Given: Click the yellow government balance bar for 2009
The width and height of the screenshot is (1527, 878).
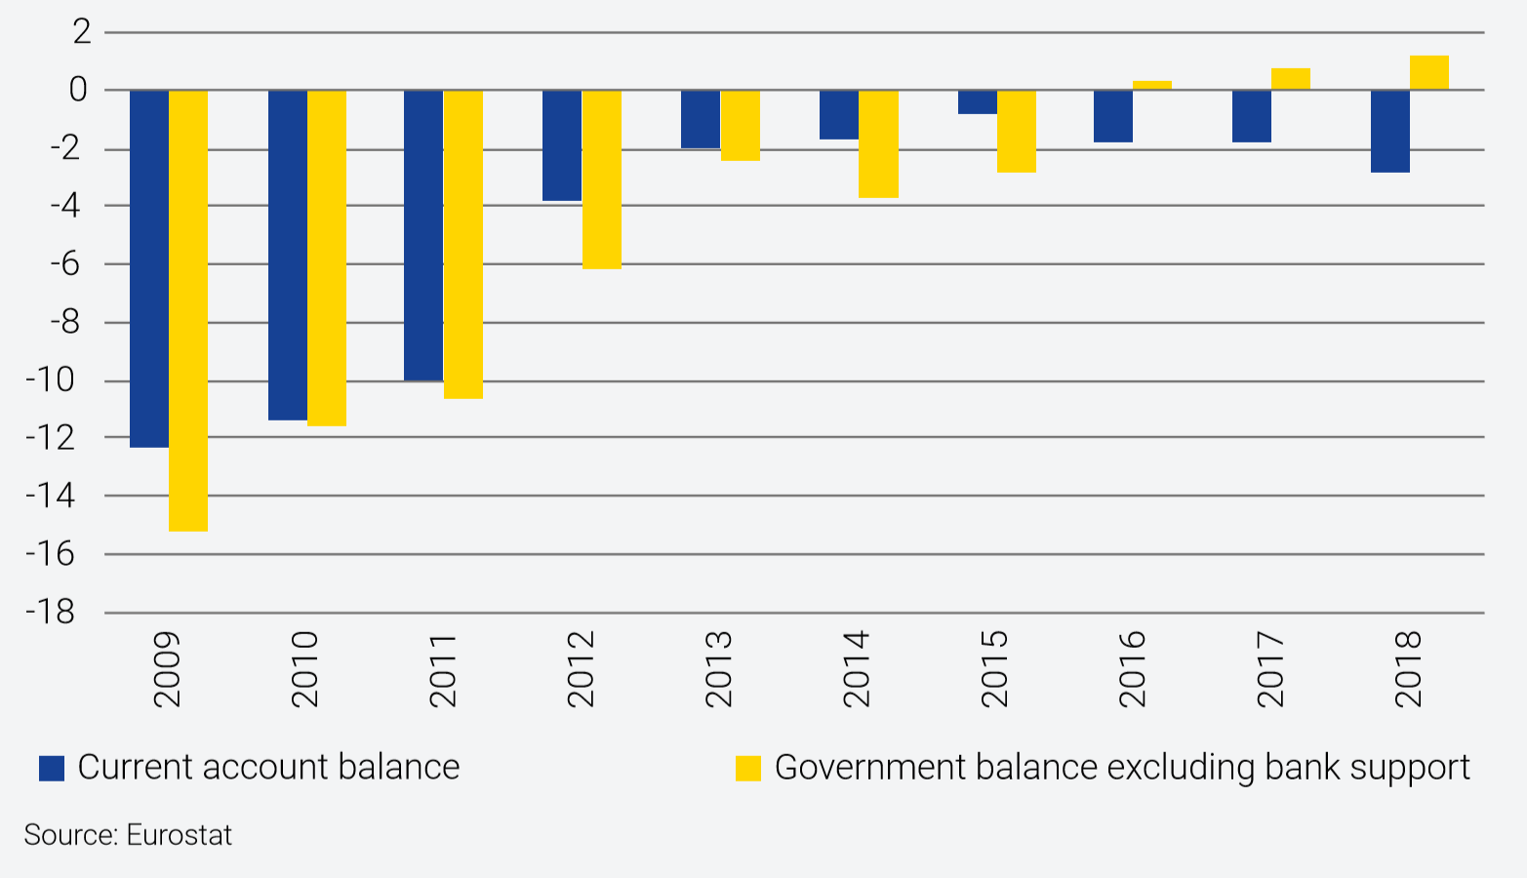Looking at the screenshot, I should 188,310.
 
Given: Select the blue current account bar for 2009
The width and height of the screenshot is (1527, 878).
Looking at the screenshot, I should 149,268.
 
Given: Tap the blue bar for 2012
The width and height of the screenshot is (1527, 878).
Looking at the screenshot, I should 562,145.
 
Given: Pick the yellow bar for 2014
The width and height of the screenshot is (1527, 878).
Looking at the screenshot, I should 878,144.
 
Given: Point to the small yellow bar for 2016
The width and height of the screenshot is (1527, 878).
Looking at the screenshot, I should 1152,85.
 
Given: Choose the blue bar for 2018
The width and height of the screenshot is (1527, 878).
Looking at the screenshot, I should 1389,131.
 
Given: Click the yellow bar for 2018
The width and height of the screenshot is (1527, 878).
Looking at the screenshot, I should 1429,73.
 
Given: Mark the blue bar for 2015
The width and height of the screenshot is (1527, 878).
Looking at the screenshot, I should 977,102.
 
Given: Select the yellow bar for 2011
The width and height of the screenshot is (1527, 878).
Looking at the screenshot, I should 463,244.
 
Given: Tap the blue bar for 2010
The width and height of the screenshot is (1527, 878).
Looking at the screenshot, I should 288,255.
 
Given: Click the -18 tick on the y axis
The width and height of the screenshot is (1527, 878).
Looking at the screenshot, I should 51,613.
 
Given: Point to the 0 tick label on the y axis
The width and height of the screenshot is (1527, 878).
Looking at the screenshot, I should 78,91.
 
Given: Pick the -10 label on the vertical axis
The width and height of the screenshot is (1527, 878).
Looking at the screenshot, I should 51,380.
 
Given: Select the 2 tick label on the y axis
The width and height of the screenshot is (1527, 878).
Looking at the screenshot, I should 81,32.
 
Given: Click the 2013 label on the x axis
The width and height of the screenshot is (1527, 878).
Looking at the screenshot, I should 719,668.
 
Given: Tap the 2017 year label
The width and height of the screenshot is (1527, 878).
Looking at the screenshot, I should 1270,668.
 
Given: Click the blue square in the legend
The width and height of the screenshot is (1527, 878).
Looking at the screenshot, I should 52,768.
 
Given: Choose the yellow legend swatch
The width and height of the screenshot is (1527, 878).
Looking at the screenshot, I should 747,768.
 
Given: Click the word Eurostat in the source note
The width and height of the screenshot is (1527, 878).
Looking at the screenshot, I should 180,835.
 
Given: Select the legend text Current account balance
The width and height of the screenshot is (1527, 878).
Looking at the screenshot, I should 268,768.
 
